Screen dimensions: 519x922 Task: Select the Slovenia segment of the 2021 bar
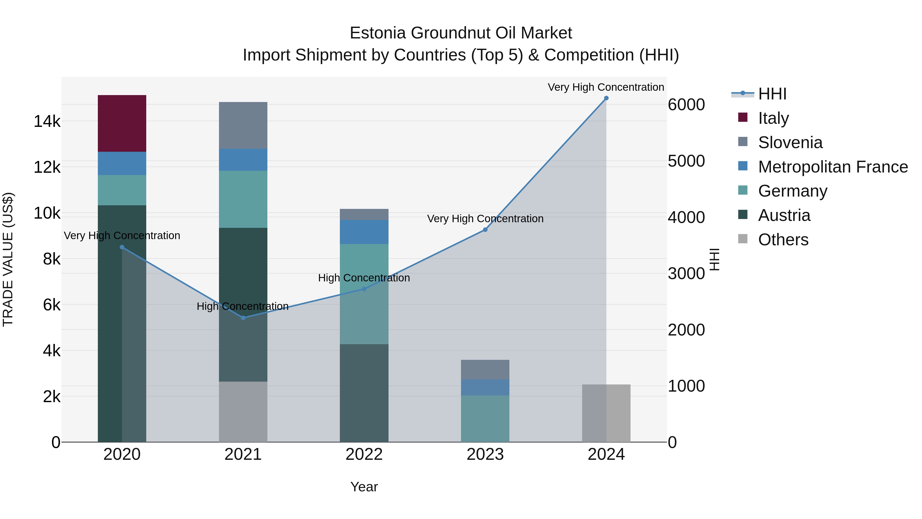[243, 125]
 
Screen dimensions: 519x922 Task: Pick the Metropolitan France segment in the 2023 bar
[485, 387]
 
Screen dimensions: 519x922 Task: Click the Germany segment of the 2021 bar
[243, 199]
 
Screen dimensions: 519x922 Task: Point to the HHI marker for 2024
[606, 98]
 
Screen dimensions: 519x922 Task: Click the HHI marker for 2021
[243, 318]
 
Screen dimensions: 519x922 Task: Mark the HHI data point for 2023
[485, 230]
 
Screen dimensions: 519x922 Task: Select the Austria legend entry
[784, 215]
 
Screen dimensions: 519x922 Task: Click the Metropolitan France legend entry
[833, 167]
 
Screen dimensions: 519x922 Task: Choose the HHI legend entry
[772, 94]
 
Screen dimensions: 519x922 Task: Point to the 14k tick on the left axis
[47, 121]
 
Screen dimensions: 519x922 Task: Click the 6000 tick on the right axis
[686, 105]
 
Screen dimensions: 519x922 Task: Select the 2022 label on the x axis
[364, 454]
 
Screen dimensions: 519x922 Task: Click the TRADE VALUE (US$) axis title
[8, 259]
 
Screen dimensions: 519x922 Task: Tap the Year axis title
[364, 487]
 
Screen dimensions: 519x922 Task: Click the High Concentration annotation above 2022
[364, 278]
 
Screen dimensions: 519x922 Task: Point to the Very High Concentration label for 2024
[606, 87]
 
